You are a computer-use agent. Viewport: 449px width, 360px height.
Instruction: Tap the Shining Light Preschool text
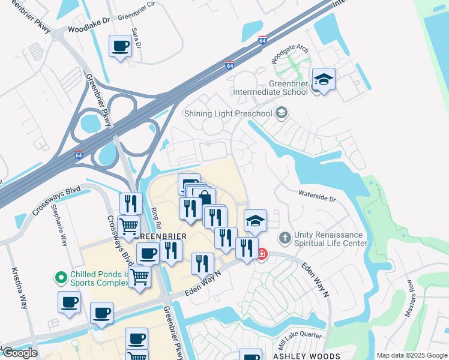pyautogui.click(x=228, y=113)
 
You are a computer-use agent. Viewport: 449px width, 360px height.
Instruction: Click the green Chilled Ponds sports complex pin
pyautogui.click(x=60, y=277)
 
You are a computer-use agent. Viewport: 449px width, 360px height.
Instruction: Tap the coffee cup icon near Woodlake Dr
pyautogui.click(x=120, y=46)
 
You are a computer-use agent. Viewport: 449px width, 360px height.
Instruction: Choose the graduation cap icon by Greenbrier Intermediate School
pyautogui.click(x=324, y=79)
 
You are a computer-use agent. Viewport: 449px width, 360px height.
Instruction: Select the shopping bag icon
pyautogui.click(x=204, y=198)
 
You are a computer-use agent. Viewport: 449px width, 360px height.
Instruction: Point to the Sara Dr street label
pyautogui.click(x=138, y=40)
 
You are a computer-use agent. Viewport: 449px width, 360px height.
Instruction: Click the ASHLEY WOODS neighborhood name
pyautogui.click(x=298, y=356)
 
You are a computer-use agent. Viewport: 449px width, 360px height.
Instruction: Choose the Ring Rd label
pyautogui.click(x=157, y=215)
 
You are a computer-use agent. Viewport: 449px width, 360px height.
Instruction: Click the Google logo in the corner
pyautogui.click(x=19, y=353)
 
